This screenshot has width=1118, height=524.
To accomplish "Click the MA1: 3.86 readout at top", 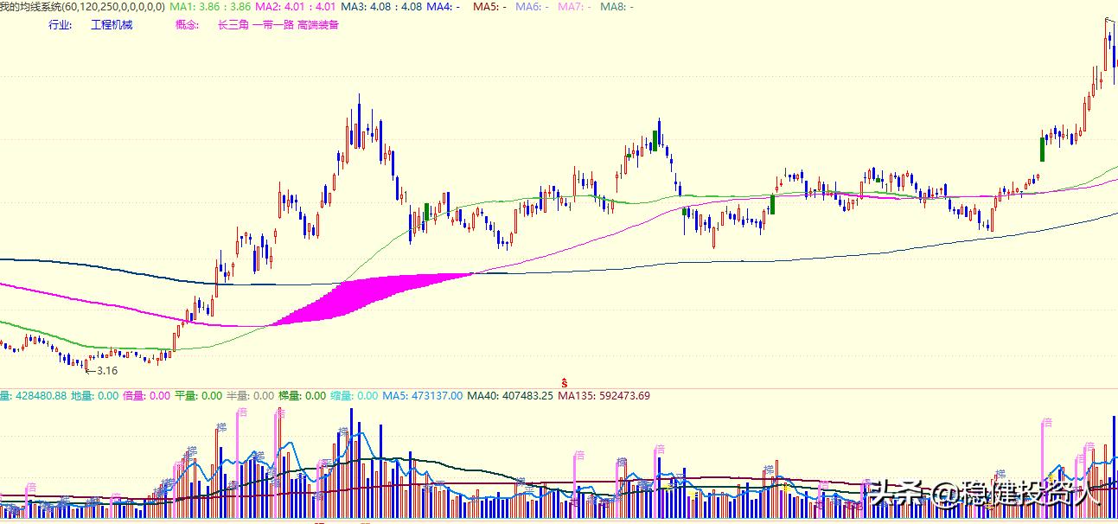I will [x=210, y=7].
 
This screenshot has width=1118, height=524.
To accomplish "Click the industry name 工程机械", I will [x=112, y=25].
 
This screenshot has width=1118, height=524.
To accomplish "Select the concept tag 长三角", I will [x=233, y=25].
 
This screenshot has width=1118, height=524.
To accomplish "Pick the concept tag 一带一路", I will [x=272, y=25].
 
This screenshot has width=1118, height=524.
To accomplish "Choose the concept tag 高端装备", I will [x=317, y=25].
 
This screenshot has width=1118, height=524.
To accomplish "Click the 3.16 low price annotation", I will [x=105, y=371].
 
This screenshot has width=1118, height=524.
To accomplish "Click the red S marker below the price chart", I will [x=565, y=382].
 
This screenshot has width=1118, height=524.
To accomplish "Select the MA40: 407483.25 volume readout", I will [x=509, y=396].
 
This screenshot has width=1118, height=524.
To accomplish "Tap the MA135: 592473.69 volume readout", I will [x=604, y=396].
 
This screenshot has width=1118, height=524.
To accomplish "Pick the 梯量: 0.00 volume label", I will [x=302, y=396].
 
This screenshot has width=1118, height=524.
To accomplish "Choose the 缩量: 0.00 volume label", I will [x=354, y=396].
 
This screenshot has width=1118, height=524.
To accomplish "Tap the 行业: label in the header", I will [x=60, y=25].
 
